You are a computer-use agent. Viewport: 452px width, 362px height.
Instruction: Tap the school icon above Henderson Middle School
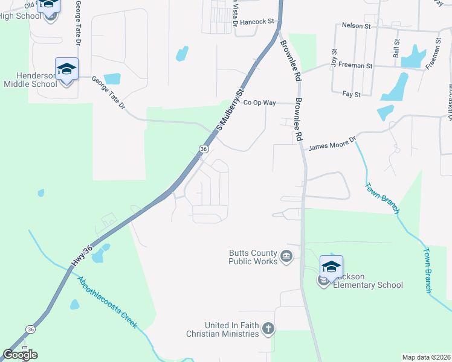point(66,69)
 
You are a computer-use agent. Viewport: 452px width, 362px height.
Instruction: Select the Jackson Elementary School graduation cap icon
point(331,267)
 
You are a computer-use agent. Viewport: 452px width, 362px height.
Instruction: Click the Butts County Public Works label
point(253,257)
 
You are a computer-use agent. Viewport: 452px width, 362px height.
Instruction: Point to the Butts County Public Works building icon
point(287,258)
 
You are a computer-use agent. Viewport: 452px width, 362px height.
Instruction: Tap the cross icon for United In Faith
point(268,329)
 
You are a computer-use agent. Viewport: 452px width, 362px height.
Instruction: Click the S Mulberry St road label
point(229,110)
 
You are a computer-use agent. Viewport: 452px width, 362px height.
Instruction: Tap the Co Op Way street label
point(259,103)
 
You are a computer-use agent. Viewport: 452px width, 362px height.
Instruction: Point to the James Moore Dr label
point(333,143)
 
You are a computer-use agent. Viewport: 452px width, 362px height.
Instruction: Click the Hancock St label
point(257,21)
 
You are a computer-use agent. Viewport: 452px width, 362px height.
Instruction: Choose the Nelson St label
point(356,27)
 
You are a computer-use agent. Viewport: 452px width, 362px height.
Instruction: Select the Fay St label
point(351,94)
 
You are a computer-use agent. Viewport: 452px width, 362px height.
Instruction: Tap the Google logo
point(19,355)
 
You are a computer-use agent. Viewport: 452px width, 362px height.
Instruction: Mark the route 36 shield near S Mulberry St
point(204,149)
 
